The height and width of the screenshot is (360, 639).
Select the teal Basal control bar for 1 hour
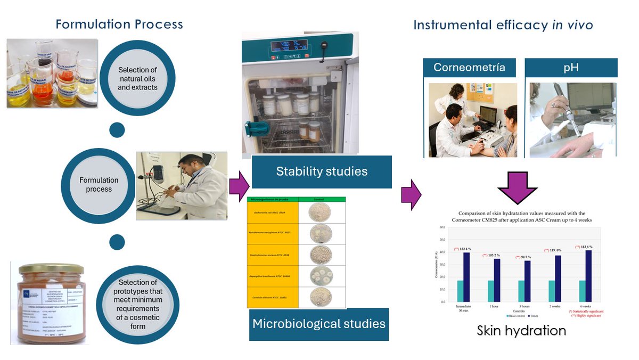[491, 291]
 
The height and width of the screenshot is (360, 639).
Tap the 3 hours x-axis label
[525, 307]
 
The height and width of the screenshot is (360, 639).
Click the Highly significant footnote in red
[586, 316]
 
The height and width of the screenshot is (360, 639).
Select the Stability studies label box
[322, 171]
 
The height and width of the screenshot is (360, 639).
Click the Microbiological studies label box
[318, 323]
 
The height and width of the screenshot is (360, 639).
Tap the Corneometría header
[469, 68]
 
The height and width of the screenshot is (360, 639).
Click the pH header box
[571, 68]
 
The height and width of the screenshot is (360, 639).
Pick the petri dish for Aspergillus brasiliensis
[320, 275]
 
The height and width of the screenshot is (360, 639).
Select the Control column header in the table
[322, 199]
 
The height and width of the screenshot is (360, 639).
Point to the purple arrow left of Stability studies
[239, 187]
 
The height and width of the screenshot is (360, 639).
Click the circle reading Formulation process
[99, 184]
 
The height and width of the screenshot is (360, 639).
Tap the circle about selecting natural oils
[137, 78]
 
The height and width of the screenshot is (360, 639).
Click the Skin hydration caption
[521, 330]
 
